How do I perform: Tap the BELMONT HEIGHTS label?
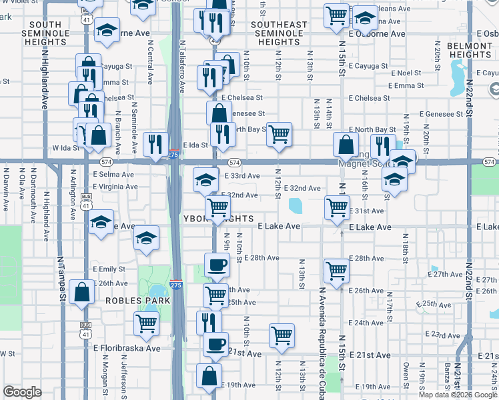point(470,49)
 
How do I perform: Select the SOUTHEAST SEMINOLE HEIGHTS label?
point(279,33)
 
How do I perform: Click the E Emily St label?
point(109,269)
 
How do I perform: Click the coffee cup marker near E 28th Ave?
point(216,264)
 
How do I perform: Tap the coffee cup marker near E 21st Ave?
point(215,344)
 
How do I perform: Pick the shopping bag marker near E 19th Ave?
point(209,375)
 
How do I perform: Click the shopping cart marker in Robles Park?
point(146,324)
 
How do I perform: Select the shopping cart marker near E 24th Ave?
point(282,335)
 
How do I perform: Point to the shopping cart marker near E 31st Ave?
point(337,207)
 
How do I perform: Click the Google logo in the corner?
point(22,392)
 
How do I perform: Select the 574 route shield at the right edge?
point(489,162)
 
